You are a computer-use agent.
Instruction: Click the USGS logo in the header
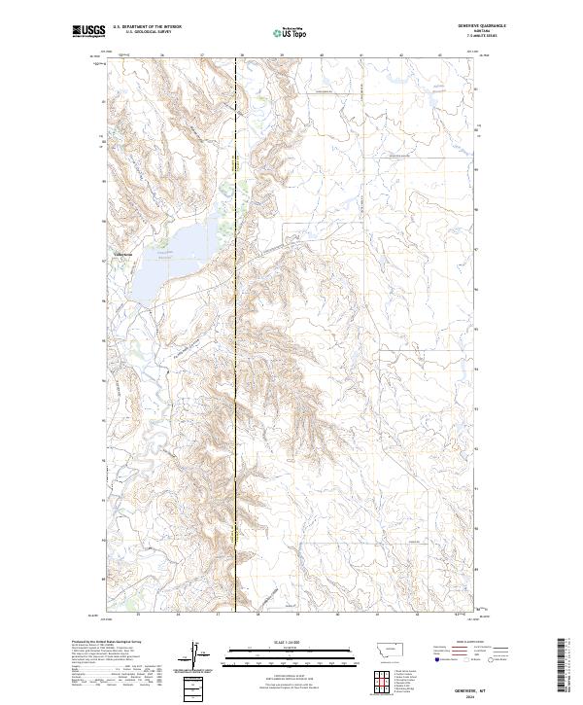87,31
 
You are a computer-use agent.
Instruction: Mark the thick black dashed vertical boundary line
236,389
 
